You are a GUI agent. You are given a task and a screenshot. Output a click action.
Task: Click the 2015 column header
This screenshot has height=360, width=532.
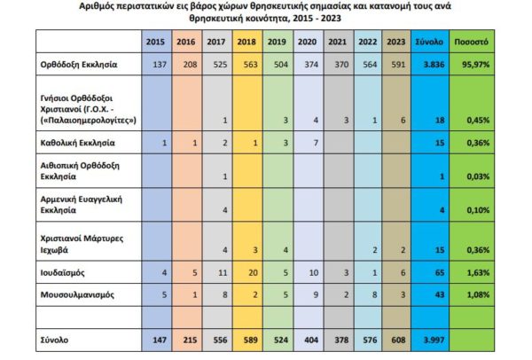156,42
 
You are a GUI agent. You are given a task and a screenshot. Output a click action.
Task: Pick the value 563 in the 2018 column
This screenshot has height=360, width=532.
250,66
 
